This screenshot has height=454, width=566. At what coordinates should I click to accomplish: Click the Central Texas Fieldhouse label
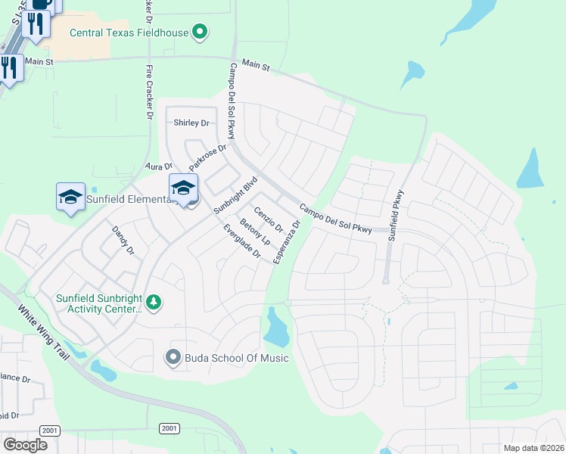(129, 33)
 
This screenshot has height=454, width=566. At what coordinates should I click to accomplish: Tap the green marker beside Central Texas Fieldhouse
(200, 32)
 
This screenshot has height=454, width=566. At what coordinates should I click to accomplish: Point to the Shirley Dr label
(191, 123)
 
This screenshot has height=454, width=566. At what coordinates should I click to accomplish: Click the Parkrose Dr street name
(207, 158)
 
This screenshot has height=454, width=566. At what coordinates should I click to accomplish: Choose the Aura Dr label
(159, 166)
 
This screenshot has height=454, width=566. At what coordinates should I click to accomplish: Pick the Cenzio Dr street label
(269, 219)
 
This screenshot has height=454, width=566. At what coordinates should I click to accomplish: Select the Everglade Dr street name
(242, 242)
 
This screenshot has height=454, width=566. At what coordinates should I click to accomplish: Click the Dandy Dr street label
(123, 240)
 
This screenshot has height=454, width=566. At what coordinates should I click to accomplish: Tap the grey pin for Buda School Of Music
(173, 357)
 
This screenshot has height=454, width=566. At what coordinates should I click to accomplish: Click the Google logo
(25, 444)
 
